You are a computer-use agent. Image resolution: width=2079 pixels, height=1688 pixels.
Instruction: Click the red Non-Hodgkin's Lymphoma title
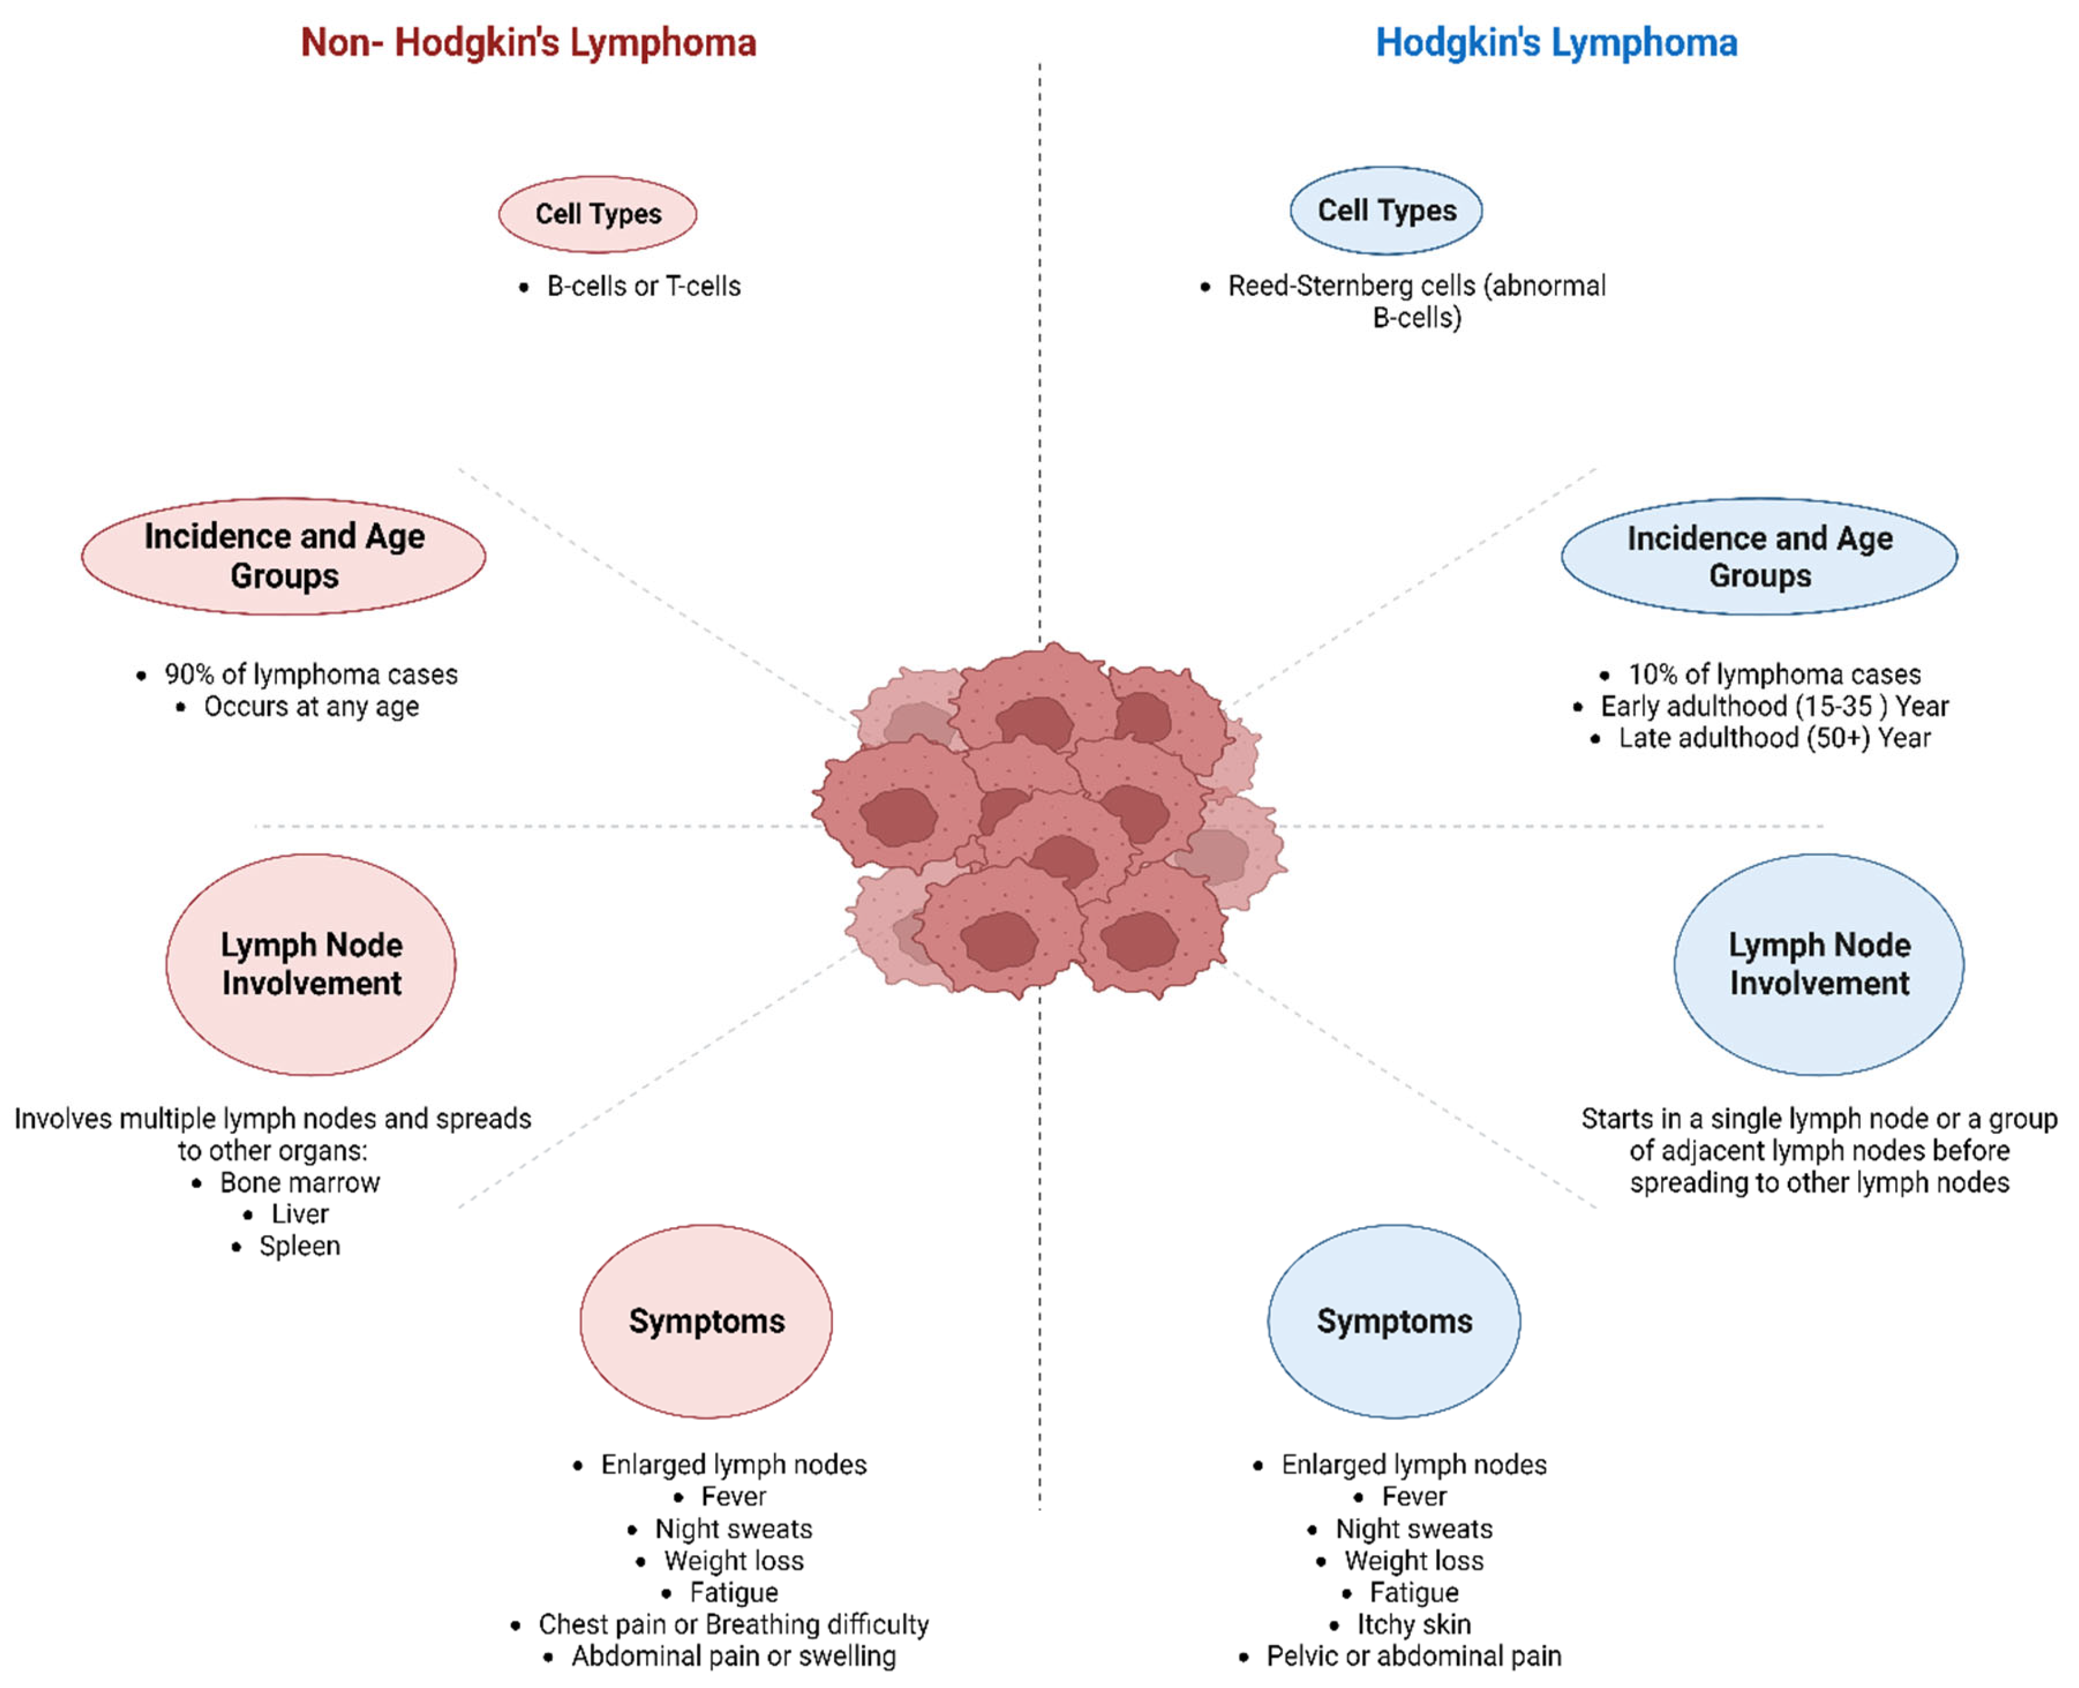click(x=528, y=43)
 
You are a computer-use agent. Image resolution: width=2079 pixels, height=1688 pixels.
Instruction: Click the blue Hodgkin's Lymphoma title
click(x=1555, y=43)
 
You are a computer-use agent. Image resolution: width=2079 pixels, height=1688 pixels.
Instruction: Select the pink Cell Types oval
click(x=597, y=214)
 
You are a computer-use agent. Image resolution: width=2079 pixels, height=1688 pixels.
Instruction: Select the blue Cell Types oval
click(x=1386, y=211)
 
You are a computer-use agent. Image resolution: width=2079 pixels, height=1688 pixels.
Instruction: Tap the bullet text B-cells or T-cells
click(x=643, y=286)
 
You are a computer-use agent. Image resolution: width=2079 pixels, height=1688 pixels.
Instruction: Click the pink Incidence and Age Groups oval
click(x=283, y=555)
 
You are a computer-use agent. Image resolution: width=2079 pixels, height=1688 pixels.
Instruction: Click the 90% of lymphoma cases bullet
click(x=310, y=674)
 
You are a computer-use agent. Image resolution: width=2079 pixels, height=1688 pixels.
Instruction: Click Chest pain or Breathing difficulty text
click(x=733, y=1624)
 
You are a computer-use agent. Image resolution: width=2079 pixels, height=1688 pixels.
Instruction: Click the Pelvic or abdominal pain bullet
click(x=1413, y=1656)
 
